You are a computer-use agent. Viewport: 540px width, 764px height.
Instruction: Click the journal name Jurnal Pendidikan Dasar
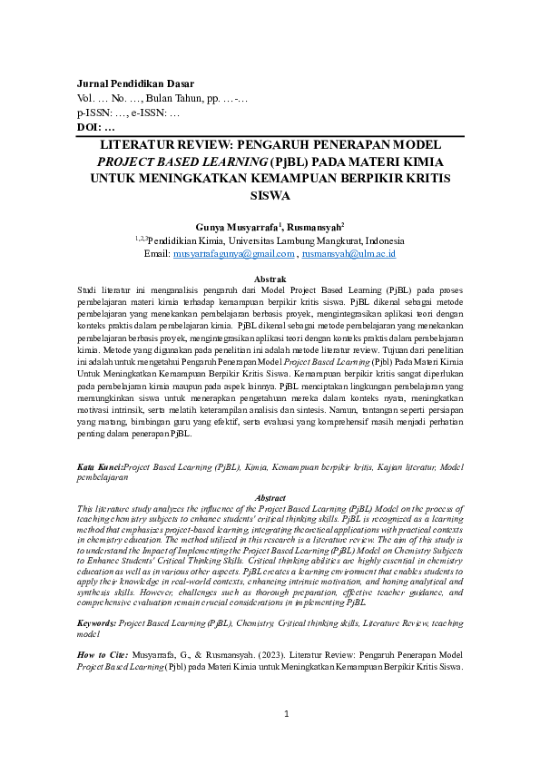(x=135, y=83)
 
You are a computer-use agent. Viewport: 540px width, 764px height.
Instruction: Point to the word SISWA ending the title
(x=270, y=194)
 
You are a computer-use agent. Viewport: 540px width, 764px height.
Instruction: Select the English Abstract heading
(x=270, y=498)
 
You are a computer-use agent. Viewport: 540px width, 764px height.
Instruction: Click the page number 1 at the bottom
(x=286, y=714)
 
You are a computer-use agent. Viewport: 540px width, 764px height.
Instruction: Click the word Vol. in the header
(x=86, y=98)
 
